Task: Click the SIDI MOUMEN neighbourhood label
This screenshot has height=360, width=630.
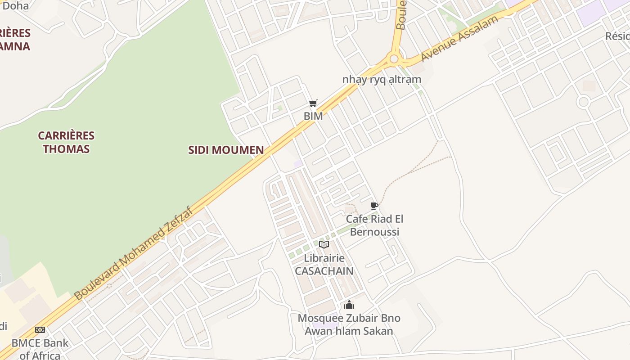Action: pyautogui.click(x=226, y=150)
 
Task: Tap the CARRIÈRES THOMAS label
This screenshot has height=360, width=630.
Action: pyautogui.click(x=66, y=142)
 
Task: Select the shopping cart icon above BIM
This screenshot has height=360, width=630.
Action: pyautogui.click(x=313, y=103)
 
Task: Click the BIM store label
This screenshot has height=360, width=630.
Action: pyautogui.click(x=313, y=116)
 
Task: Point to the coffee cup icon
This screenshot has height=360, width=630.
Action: pyautogui.click(x=374, y=206)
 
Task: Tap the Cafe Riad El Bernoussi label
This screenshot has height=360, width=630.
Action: pyautogui.click(x=374, y=225)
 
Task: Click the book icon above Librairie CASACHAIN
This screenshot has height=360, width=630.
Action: pyautogui.click(x=324, y=245)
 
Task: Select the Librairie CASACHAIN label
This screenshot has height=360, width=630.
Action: pyautogui.click(x=324, y=265)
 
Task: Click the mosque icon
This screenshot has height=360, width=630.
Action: pyautogui.click(x=349, y=305)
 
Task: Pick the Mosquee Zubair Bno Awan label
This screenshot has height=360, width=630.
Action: pyautogui.click(x=349, y=324)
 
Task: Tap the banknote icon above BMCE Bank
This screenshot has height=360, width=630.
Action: pyautogui.click(x=40, y=330)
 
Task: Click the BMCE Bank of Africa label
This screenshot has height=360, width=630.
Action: pyautogui.click(x=40, y=349)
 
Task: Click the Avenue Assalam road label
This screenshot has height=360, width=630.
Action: pyautogui.click(x=459, y=39)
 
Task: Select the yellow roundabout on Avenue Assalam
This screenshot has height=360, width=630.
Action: pyautogui.click(x=395, y=58)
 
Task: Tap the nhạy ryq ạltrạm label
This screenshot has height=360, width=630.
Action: pyautogui.click(x=382, y=80)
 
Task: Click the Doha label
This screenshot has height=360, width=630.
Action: pyautogui.click(x=15, y=6)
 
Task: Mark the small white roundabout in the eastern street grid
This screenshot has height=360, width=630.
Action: pyautogui.click(x=583, y=102)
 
